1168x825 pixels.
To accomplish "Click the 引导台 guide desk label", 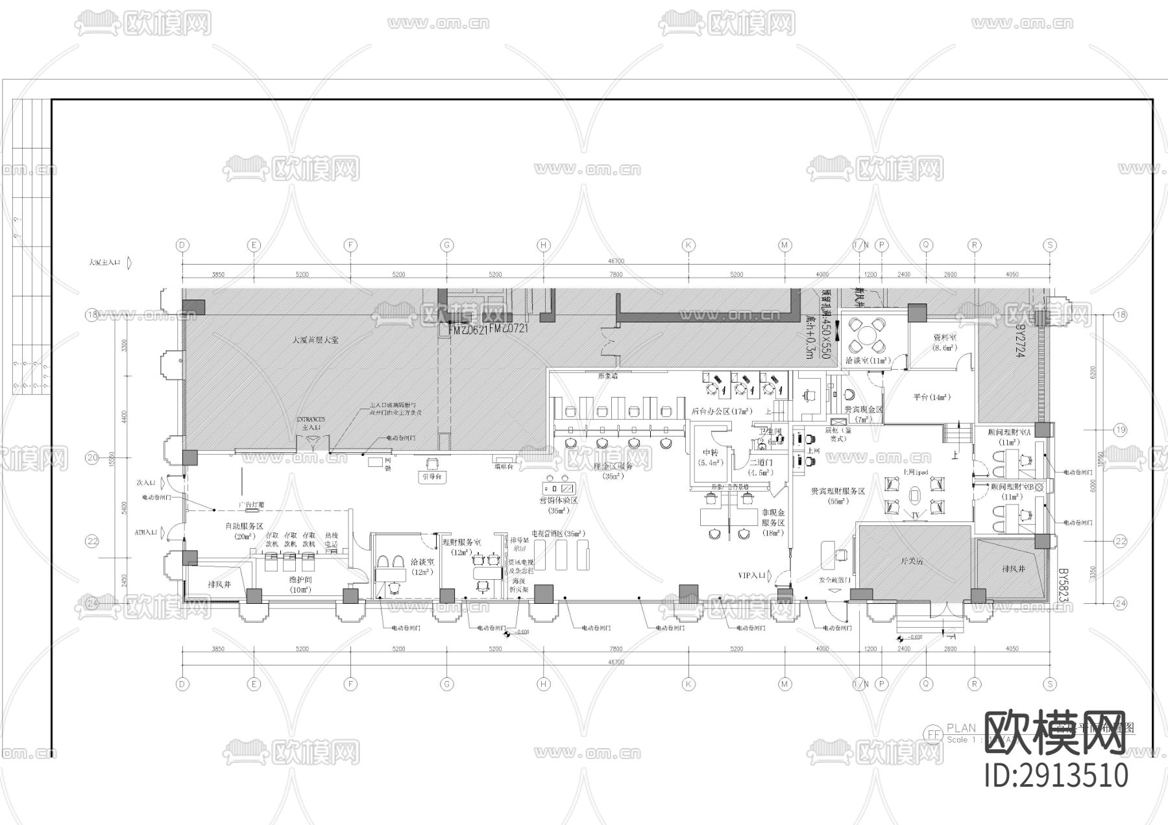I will [433, 476].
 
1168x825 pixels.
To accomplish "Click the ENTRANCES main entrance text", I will [310, 420].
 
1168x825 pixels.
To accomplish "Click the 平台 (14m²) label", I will [932, 397].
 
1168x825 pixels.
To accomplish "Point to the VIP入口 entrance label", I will [751, 575].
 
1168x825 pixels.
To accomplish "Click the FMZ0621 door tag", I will [463, 329].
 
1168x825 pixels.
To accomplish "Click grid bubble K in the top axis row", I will [688, 245].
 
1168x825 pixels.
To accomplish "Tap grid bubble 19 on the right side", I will [1120, 430].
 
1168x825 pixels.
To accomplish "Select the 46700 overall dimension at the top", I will [615, 261].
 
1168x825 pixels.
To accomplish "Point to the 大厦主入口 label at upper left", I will [105, 263].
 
